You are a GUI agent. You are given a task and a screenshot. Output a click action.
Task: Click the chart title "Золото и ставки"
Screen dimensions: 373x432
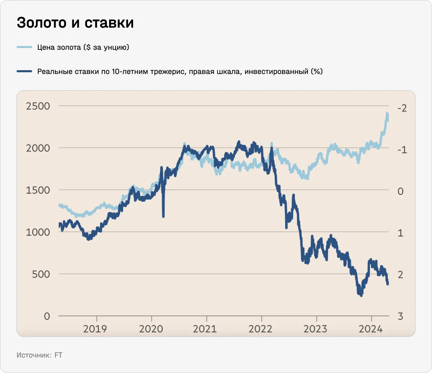[75, 22]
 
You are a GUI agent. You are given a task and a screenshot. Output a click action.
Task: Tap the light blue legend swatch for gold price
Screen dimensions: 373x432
[24, 47]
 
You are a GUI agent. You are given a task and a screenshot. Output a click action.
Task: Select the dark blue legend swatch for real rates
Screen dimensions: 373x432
[24, 71]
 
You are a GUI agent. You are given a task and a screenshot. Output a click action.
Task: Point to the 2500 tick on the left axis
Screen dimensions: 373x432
[38, 106]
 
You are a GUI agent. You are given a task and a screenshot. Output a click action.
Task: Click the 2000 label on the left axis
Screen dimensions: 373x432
[38, 148]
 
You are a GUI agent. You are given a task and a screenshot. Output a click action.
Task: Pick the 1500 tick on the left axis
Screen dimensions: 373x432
[38, 190]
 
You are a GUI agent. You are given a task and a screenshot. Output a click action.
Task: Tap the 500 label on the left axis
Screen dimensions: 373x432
[41, 274]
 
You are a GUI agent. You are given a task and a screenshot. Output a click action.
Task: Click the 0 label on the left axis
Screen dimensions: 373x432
[47, 316]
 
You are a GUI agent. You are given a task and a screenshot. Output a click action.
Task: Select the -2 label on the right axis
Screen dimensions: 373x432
[402, 108]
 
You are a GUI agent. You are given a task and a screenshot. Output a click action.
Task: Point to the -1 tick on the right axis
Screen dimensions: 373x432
[402, 150]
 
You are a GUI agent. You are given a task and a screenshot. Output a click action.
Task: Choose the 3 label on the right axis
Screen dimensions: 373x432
[401, 316]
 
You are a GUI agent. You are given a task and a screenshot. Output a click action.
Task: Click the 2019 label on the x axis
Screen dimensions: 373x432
[95, 328]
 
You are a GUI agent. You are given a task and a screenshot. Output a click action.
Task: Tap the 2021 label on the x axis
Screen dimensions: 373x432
[205, 328]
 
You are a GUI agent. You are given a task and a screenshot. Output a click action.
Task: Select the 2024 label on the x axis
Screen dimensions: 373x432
[370, 328]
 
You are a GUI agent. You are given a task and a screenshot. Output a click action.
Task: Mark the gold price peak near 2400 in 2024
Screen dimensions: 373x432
[387, 114]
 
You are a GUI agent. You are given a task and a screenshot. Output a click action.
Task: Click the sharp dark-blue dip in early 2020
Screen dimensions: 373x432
[163, 216]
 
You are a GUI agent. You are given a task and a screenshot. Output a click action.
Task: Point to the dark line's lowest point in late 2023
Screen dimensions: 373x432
[361, 295]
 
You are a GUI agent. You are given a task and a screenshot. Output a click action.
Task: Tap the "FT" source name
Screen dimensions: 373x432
[58, 355]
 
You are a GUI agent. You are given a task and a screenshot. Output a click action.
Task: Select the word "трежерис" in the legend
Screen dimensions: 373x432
[167, 72]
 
